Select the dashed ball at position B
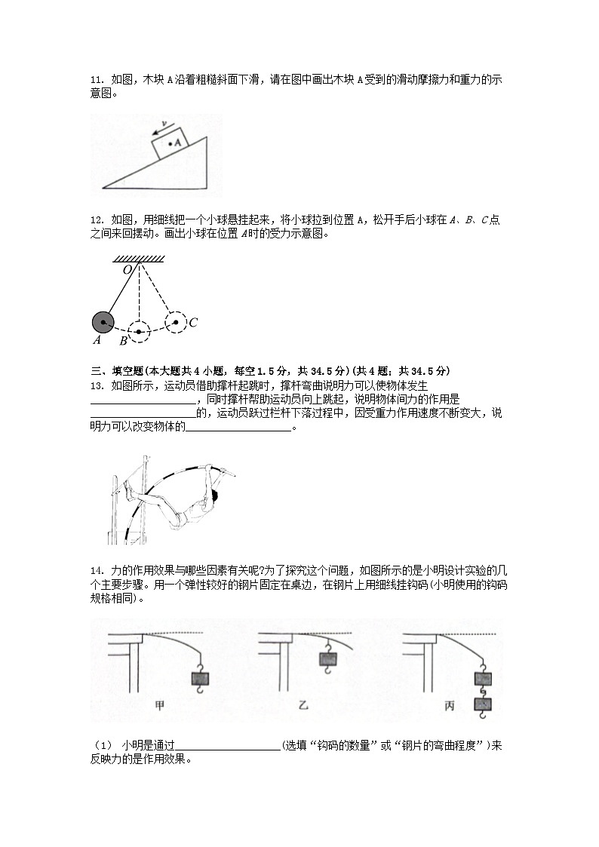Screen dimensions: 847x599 [139, 331]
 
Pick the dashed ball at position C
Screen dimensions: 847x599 [176, 323]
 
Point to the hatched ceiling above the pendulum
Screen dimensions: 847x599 [140, 259]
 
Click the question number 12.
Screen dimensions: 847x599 [96, 219]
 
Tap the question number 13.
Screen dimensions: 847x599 [96, 386]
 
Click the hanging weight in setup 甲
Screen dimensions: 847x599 [201, 677]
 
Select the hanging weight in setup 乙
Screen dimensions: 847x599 [328, 658]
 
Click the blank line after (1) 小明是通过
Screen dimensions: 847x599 [227, 746]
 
